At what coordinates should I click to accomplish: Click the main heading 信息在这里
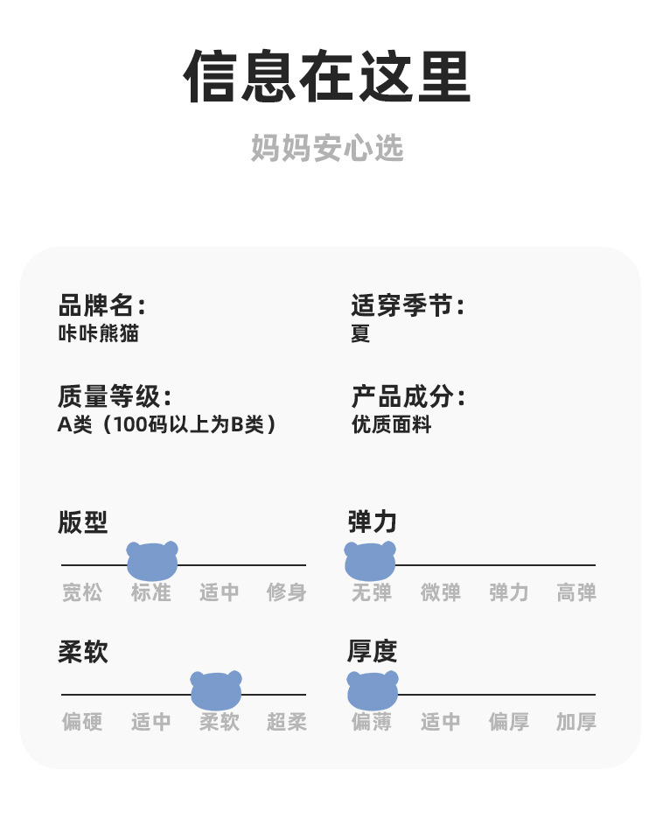point(327,77)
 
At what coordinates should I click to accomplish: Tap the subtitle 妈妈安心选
point(327,148)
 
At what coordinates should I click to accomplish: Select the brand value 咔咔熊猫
point(98,333)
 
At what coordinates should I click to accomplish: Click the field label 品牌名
point(101,306)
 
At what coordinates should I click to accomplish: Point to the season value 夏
point(360,333)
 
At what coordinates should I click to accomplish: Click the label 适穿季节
point(408,306)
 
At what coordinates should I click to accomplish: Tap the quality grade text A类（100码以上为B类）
point(167,424)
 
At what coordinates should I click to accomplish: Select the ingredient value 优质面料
point(391,424)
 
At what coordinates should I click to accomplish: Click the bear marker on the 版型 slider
point(152,560)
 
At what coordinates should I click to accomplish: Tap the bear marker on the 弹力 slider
point(370,560)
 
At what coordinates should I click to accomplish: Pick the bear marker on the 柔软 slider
point(216,689)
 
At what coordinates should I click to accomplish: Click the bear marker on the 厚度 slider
point(373,689)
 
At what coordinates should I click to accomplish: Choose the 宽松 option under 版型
point(82,592)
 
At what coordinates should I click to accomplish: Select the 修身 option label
point(286,592)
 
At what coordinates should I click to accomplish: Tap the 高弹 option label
point(576,592)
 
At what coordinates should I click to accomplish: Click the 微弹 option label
point(440,592)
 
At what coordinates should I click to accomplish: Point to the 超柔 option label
point(286,722)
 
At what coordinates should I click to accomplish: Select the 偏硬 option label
point(82,722)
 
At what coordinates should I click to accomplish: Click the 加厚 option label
point(576,722)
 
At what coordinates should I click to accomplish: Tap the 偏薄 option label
point(372,722)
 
